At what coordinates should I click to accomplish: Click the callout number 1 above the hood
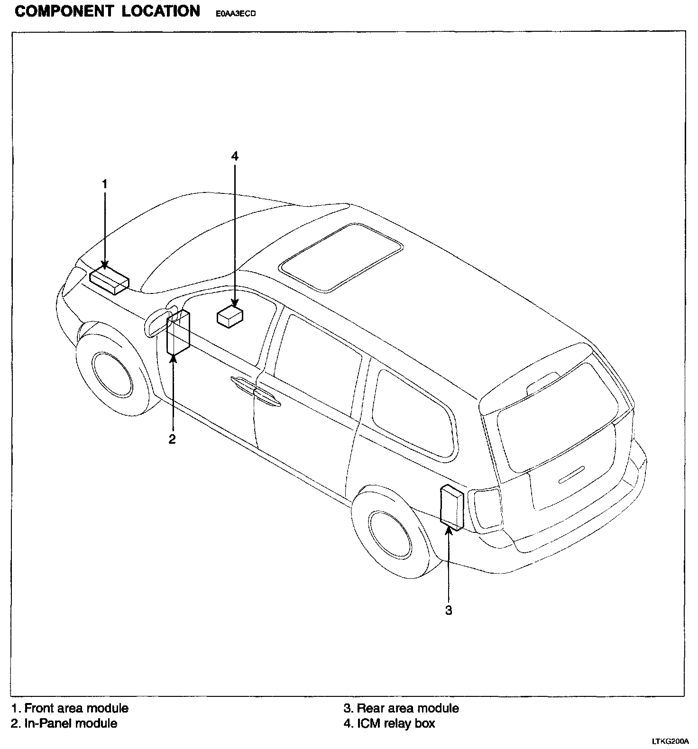tap(105, 183)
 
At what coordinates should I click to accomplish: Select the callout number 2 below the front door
tap(172, 439)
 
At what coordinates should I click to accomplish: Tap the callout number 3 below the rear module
tap(449, 610)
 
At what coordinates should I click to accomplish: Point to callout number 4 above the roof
tap(235, 156)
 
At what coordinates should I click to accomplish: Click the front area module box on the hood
tap(109, 280)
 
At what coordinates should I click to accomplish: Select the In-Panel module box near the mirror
tap(178, 333)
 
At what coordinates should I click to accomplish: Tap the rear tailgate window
tap(558, 415)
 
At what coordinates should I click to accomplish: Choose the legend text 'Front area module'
tap(76, 708)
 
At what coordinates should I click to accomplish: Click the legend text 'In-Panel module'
tap(71, 723)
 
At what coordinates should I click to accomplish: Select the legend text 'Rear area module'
tap(407, 708)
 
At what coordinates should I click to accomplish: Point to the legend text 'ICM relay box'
tap(395, 723)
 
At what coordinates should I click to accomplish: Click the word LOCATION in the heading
tap(161, 11)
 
